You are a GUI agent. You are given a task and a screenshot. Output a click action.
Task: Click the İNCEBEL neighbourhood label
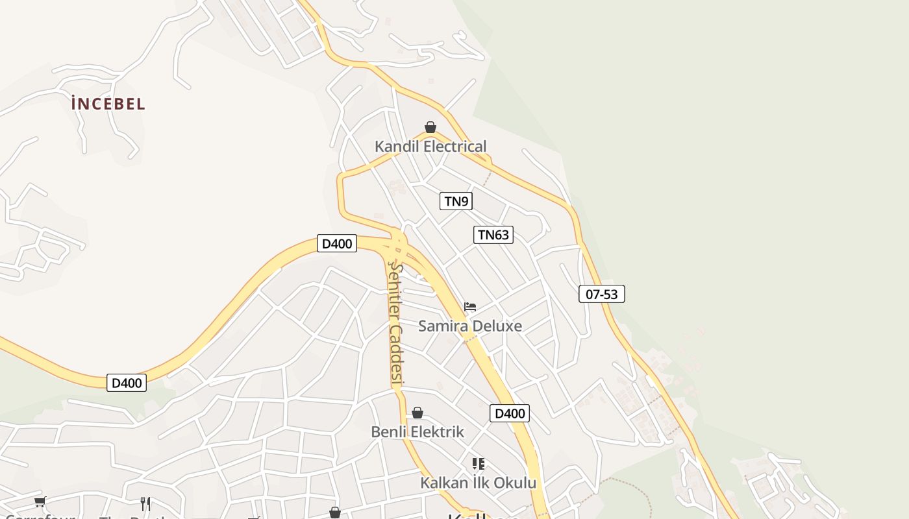click(108, 104)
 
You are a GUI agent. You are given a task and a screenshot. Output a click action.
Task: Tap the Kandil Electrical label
click(430, 147)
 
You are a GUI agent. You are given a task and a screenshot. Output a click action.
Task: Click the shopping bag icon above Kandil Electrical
click(430, 127)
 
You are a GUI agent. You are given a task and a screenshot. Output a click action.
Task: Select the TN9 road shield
click(456, 201)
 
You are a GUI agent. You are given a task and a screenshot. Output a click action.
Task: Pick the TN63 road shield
click(493, 235)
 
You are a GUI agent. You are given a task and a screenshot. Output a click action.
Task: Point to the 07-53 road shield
click(601, 295)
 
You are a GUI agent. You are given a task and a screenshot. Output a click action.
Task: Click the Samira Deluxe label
click(469, 326)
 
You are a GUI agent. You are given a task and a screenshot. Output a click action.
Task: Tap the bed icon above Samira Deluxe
click(470, 306)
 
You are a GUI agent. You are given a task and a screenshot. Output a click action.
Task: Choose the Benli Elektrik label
click(417, 431)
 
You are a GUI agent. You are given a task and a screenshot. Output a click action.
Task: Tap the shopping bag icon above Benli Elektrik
click(417, 413)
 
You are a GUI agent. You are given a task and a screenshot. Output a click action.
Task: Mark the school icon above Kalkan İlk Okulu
click(479, 464)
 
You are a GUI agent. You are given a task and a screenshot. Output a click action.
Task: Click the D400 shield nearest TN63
click(337, 244)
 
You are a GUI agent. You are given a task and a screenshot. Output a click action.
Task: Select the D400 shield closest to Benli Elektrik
click(509, 413)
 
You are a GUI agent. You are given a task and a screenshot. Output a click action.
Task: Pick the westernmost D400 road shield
click(127, 383)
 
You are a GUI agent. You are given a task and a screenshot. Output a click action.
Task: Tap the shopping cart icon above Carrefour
click(40, 501)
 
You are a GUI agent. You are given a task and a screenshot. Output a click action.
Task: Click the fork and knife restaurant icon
click(145, 503)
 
